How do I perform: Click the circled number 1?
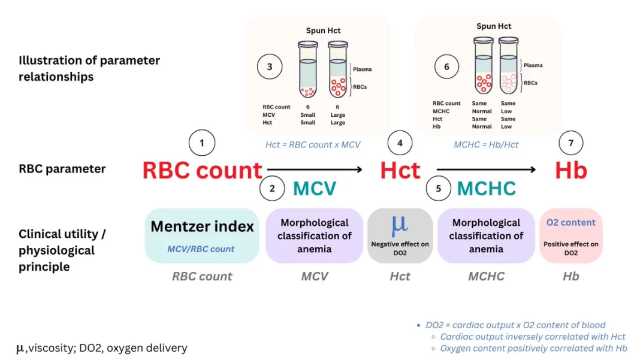click(201, 143)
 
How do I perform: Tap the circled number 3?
click(270, 66)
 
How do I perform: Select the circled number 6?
click(446, 66)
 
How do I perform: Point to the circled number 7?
click(570, 143)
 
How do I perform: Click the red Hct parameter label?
click(400, 170)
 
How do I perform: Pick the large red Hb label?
click(571, 170)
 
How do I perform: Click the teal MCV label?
click(315, 189)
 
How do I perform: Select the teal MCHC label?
click(486, 189)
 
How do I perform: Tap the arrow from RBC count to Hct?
click(315, 170)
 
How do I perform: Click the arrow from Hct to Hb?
click(486, 170)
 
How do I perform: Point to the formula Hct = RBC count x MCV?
click(313, 144)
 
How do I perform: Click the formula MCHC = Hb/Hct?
click(486, 144)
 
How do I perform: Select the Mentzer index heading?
click(202, 226)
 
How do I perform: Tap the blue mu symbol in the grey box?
click(400, 225)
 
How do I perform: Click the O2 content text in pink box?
click(570, 222)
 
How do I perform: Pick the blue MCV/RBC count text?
click(201, 249)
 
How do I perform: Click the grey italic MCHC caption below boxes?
click(486, 276)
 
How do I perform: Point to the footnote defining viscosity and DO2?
click(102, 348)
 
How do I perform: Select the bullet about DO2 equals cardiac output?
click(515, 325)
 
